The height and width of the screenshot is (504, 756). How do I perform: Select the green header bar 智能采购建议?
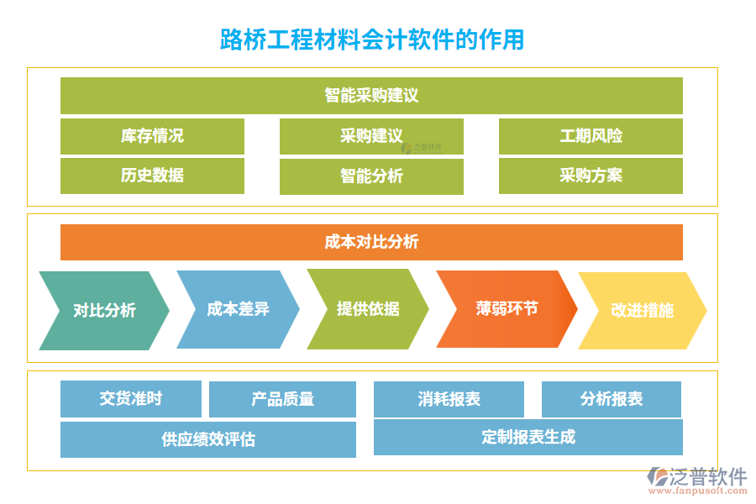coord(371,95)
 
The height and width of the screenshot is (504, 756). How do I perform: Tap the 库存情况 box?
coord(152,136)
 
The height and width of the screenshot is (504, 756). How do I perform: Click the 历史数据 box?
coord(152,176)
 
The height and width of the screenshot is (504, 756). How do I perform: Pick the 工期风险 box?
coord(591,136)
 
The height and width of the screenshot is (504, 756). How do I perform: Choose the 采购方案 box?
coord(591,176)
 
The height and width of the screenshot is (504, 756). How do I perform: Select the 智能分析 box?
coord(371,176)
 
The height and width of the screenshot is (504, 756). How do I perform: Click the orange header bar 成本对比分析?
coord(371,242)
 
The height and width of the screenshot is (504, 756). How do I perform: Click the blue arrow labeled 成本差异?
coord(238,309)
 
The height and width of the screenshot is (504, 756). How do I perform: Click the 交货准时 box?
coord(130,399)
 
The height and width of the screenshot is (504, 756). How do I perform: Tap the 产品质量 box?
coord(282,399)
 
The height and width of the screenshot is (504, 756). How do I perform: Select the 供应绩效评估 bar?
coord(207,439)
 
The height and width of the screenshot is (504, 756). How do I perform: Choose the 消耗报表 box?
coord(449,399)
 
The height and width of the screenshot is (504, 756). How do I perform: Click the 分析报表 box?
coord(611,399)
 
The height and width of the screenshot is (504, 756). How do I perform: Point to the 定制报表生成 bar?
coord(528,437)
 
